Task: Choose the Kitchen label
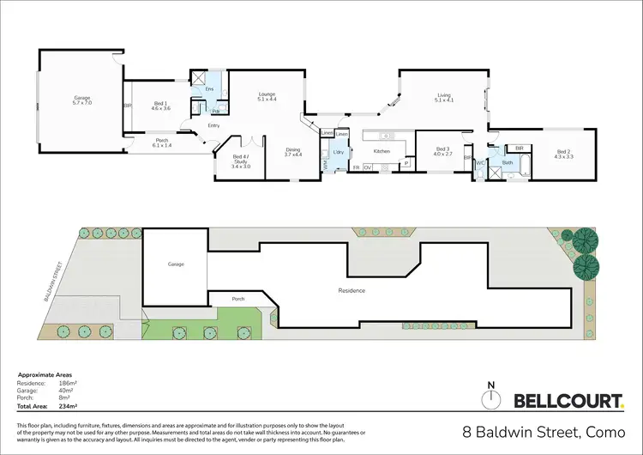[x=382, y=151]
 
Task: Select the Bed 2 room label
[x=562, y=153]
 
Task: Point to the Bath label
[x=507, y=162]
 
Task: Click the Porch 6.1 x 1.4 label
[x=161, y=143]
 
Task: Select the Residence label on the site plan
[x=352, y=290]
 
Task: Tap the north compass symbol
[x=491, y=397]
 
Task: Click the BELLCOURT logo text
[x=568, y=399]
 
